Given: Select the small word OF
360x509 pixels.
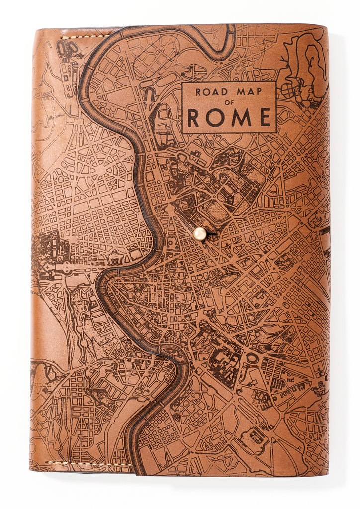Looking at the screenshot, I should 229,103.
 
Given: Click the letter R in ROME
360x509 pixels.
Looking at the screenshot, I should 194,118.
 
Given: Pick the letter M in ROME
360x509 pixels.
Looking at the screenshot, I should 241,118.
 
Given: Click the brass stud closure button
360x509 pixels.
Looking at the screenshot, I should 200,233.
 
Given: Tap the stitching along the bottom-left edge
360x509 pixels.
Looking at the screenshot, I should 90,463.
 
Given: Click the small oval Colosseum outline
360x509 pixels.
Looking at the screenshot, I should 252,358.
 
